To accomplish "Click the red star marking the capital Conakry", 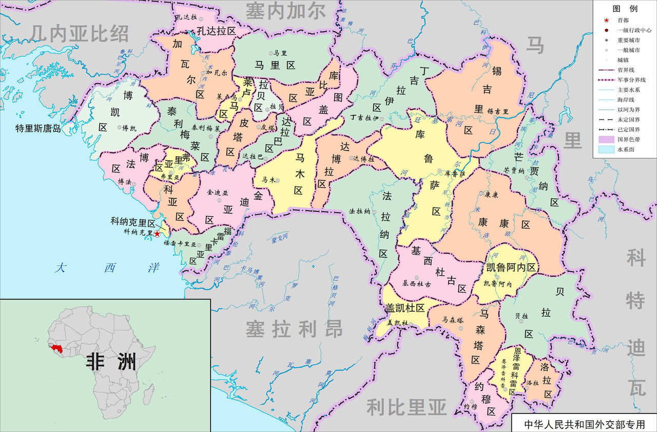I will (x=157, y=233).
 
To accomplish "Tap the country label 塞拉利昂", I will (x=294, y=329).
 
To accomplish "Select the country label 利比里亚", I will (x=406, y=407).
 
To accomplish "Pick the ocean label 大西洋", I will (x=108, y=268).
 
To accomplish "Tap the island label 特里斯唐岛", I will (x=38, y=129).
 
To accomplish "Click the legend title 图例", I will (x=625, y=9).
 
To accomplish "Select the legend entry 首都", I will (x=623, y=20).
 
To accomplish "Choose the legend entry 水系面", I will (x=626, y=150).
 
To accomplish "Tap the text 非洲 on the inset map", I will (x=111, y=360).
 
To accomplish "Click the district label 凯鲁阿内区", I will (x=511, y=268).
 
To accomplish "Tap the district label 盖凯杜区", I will (x=405, y=307).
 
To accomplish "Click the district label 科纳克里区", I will (x=132, y=223).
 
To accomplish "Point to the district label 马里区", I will (x=276, y=65).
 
